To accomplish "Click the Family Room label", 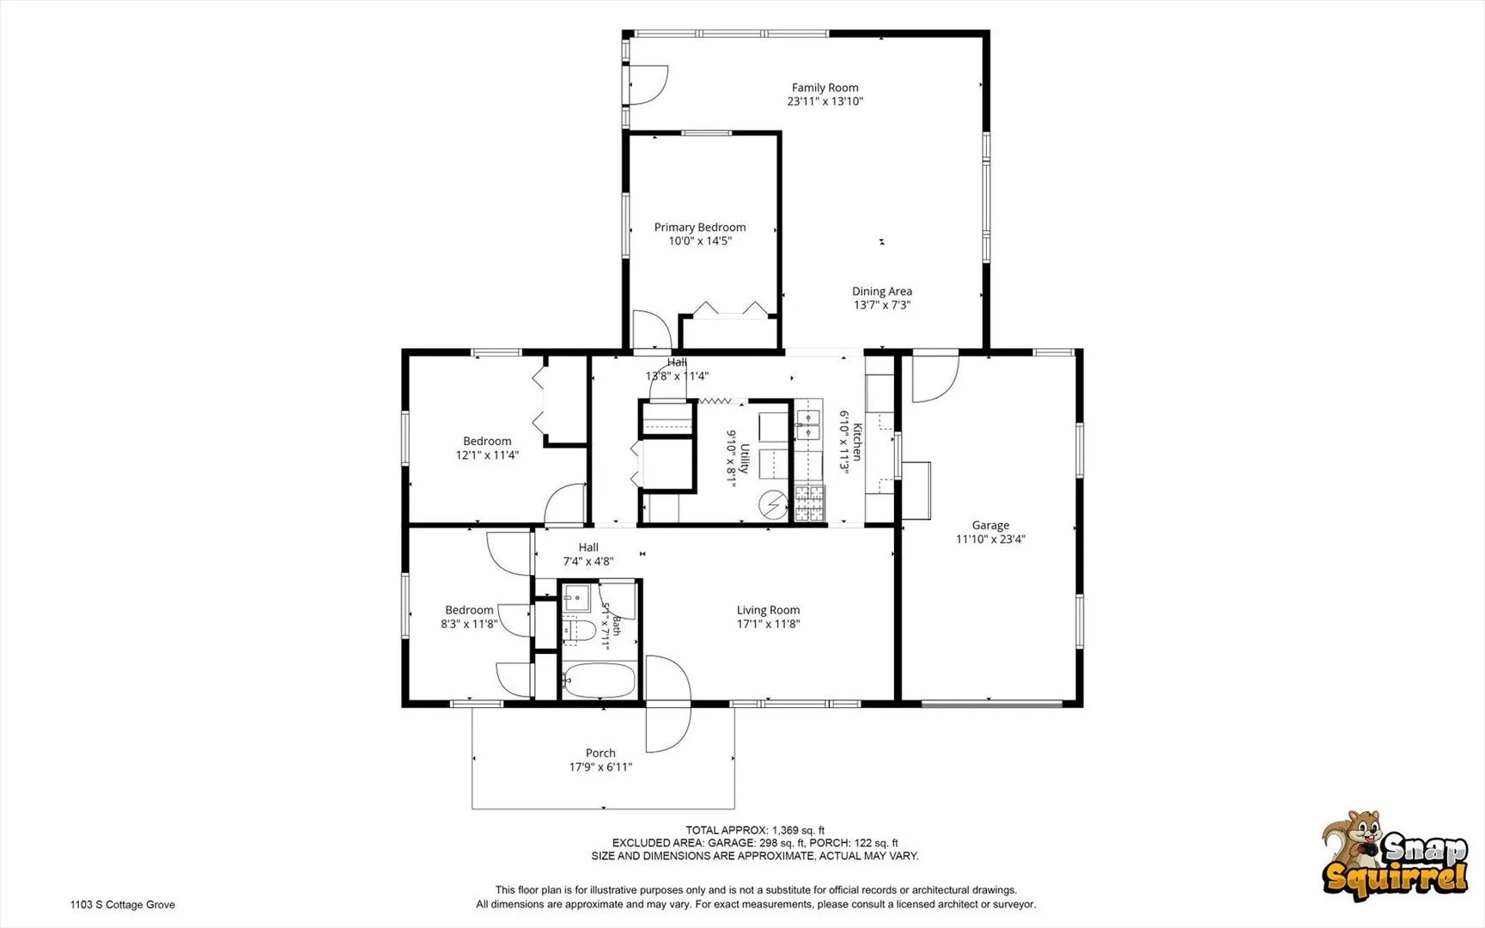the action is coord(825,88).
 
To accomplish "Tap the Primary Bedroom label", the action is coord(700,227).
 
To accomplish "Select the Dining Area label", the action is coord(882,291).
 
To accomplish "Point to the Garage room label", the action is coord(990,525).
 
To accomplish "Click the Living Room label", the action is coord(768,610).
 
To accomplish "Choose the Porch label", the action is coord(600,753).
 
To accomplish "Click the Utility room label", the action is coord(745,458).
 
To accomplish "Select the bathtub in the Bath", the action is coord(599,681).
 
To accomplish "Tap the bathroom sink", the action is coord(575,595).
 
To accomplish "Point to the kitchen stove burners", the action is coord(809,504).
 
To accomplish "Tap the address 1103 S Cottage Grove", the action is coord(123,904).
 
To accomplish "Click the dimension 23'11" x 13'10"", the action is coord(825,101).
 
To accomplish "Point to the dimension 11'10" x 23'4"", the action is coord(990,540).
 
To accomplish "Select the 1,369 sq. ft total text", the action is coord(798,830).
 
